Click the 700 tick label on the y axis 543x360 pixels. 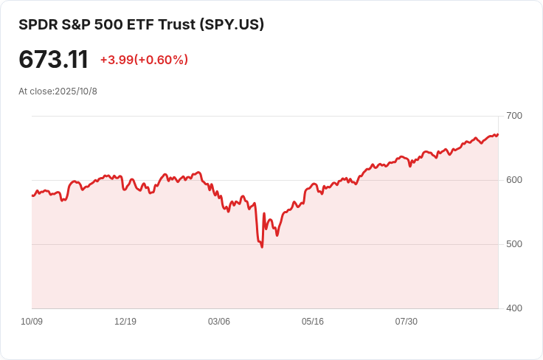514,116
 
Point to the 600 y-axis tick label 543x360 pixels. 514,180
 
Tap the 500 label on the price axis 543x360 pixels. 514,244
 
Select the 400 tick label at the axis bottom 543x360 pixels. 514,308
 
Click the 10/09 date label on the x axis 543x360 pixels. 32,322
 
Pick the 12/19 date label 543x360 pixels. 125,322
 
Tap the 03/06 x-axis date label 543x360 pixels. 219,322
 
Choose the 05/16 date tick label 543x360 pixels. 313,322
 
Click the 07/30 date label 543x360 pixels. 407,322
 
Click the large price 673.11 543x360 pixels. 53,60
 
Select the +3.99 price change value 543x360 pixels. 117,60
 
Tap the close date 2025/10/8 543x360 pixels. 76,91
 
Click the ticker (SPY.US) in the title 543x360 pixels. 232,24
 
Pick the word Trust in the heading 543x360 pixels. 177,24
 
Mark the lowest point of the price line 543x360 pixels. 262,247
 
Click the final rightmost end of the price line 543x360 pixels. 498,134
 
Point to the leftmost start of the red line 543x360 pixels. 32,195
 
